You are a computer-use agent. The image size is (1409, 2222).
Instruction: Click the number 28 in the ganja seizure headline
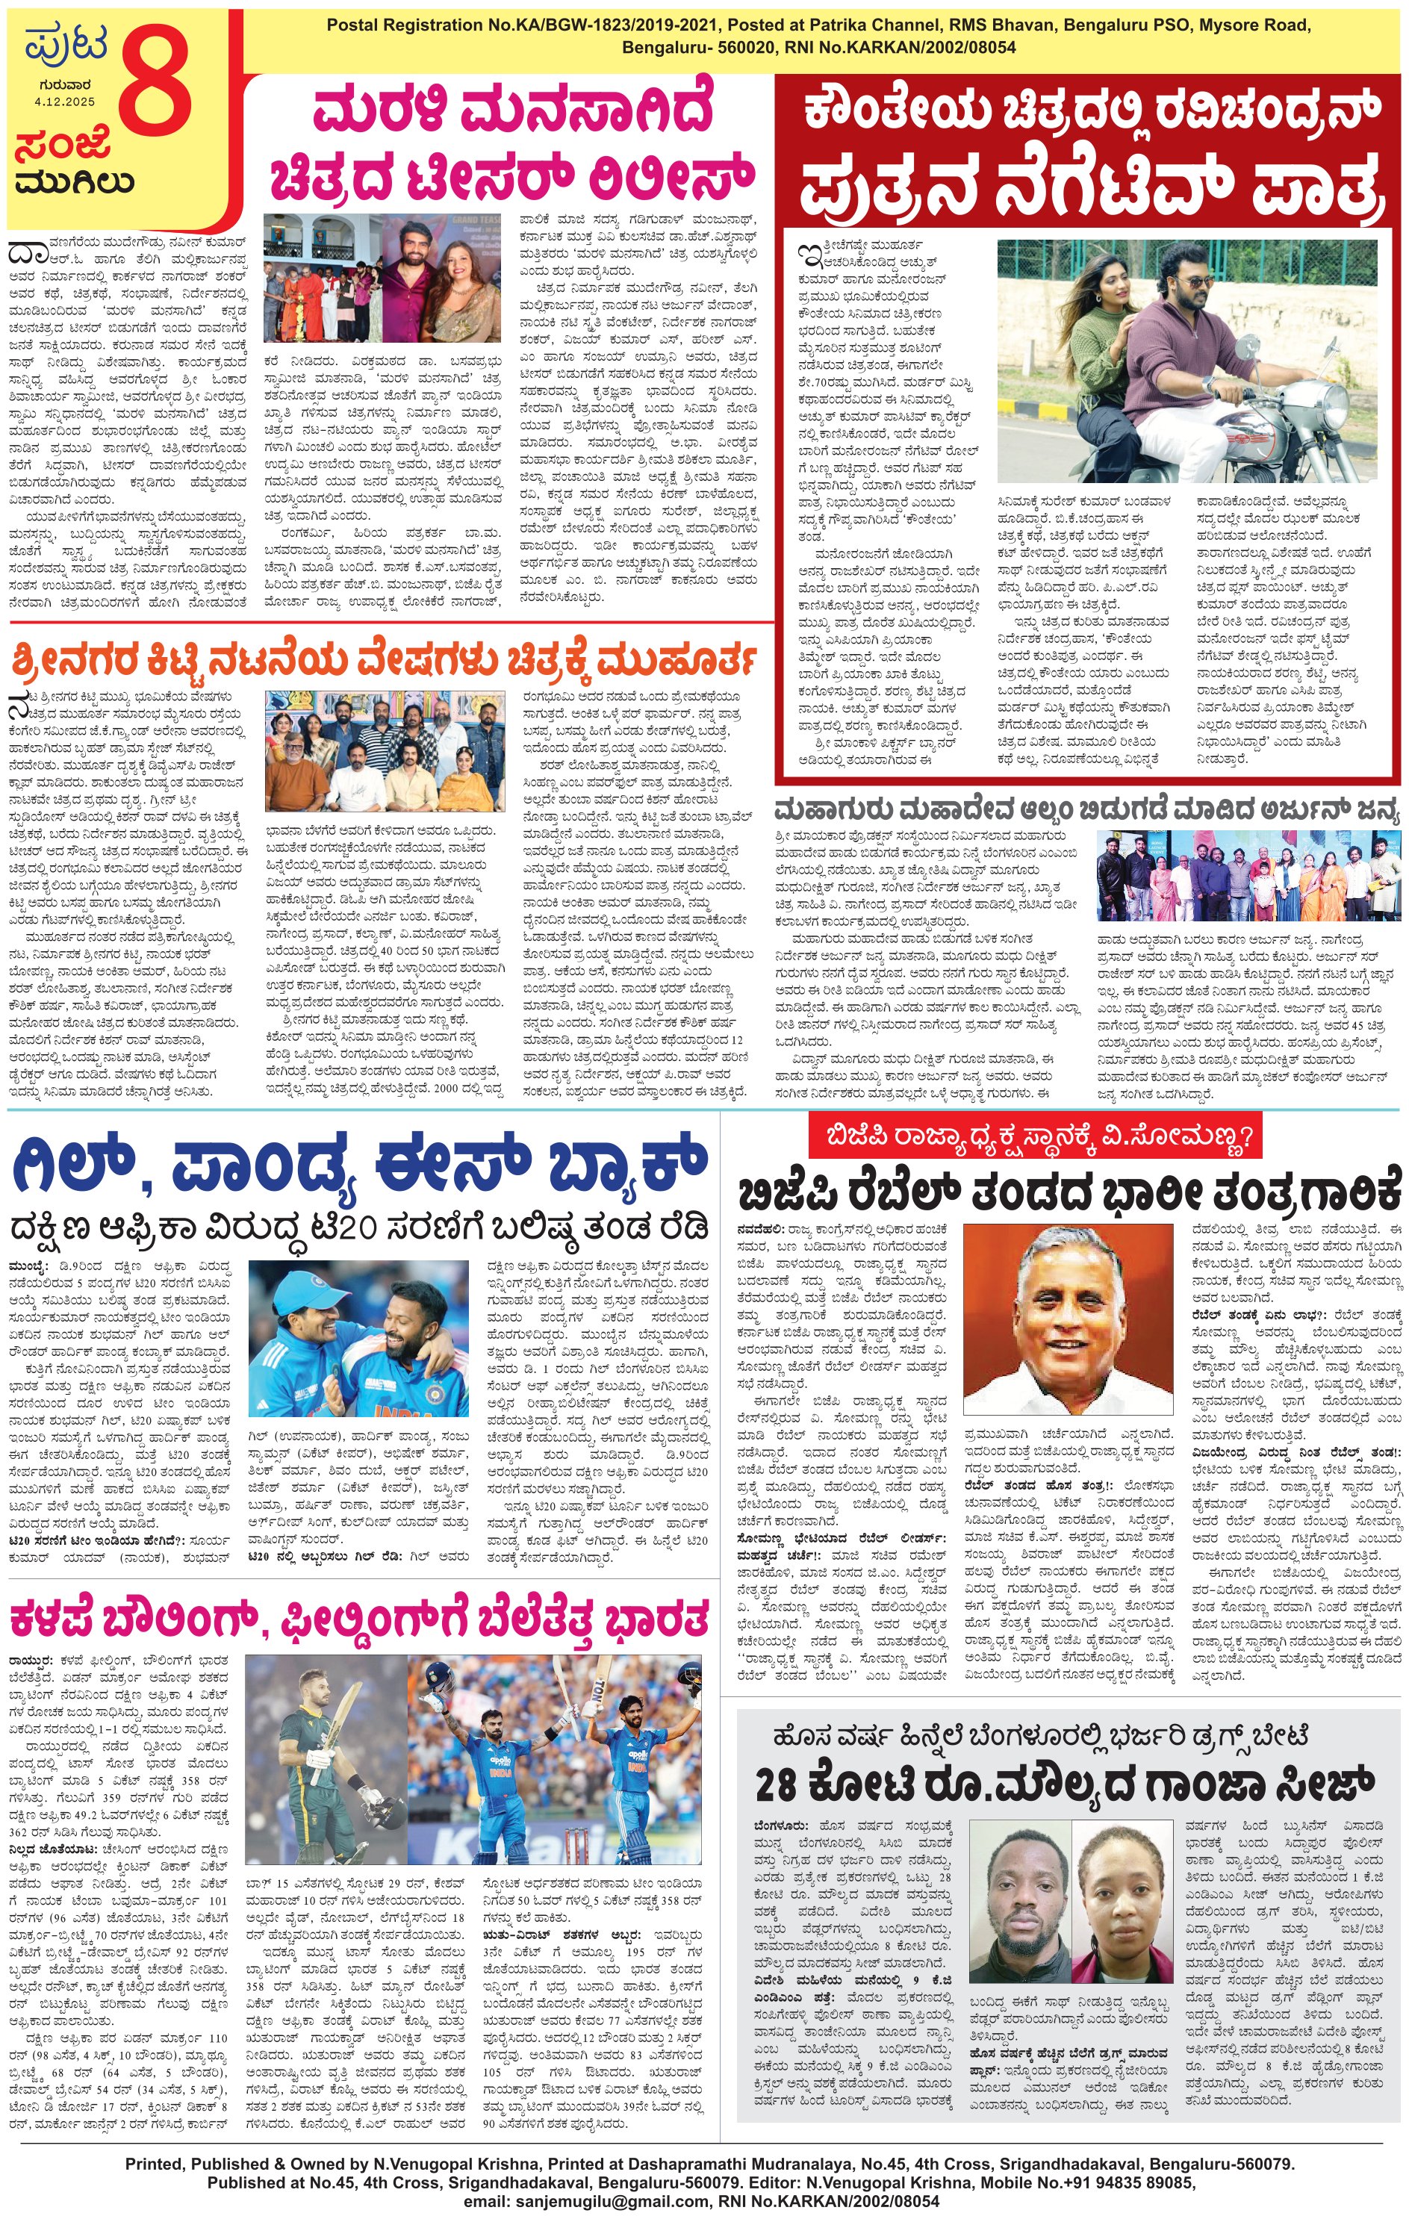point(775,1784)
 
